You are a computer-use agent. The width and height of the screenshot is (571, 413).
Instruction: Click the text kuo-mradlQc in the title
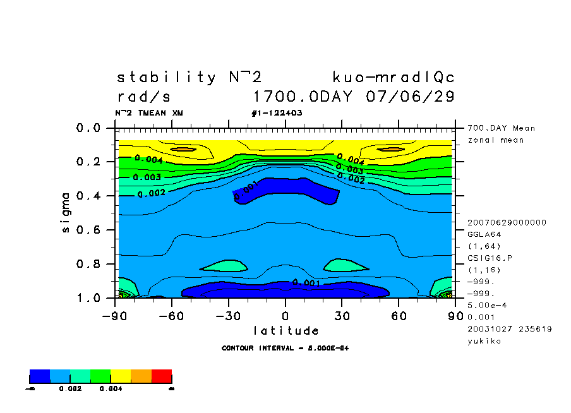[x=394, y=78]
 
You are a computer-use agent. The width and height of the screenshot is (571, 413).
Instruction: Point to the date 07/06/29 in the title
[x=410, y=97]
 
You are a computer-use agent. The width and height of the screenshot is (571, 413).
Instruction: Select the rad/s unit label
[x=144, y=97]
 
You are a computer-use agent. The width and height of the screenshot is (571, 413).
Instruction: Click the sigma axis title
[x=66, y=212]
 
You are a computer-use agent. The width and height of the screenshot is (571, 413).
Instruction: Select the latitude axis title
[x=285, y=330]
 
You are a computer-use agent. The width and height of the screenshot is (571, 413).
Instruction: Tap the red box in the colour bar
[x=162, y=376]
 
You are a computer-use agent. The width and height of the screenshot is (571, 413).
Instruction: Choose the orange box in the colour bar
[x=141, y=376]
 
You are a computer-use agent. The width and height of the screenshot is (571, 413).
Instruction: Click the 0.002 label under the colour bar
[x=69, y=389]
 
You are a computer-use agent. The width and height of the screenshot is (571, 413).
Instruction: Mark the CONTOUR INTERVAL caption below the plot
[x=285, y=348]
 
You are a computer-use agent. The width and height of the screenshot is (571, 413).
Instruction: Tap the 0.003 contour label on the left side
[x=147, y=177]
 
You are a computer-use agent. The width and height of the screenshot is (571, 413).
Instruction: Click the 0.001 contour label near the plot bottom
[x=306, y=283]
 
